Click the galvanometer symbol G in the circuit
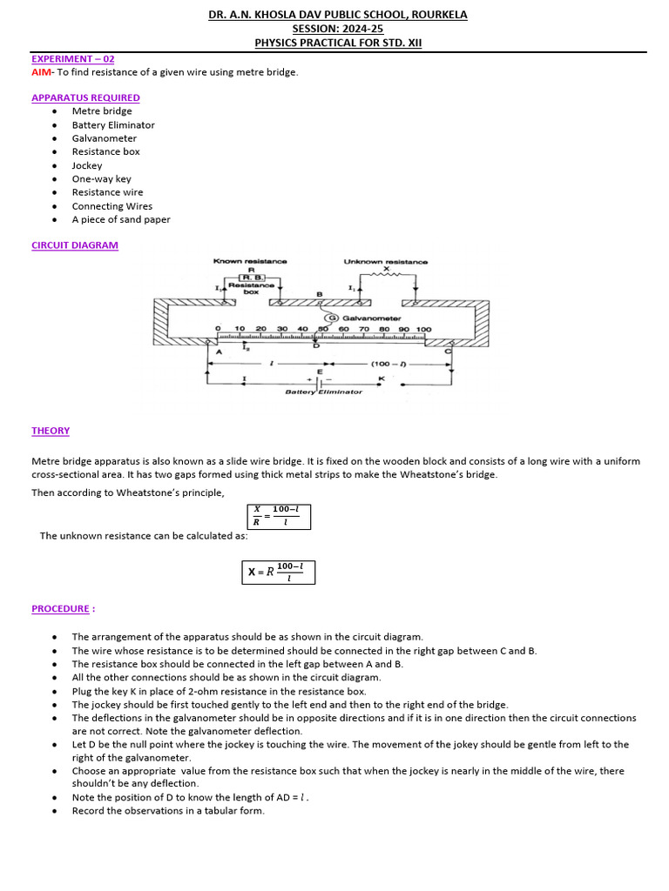(331, 318)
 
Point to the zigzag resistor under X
(386, 277)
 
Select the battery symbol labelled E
(318, 380)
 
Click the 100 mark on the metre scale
(423, 330)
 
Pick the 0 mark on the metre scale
(218, 330)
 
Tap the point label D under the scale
(315, 346)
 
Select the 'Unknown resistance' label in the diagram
(386, 261)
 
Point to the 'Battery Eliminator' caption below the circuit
(324, 392)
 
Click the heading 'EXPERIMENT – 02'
(73, 59)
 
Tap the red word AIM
(42, 72)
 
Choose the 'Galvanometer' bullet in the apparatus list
(104, 138)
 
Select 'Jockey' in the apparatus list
(87, 165)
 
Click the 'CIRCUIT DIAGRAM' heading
(75, 245)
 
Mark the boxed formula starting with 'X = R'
(278, 572)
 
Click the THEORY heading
(51, 431)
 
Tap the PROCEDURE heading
(60, 609)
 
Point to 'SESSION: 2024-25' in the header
(337, 29)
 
